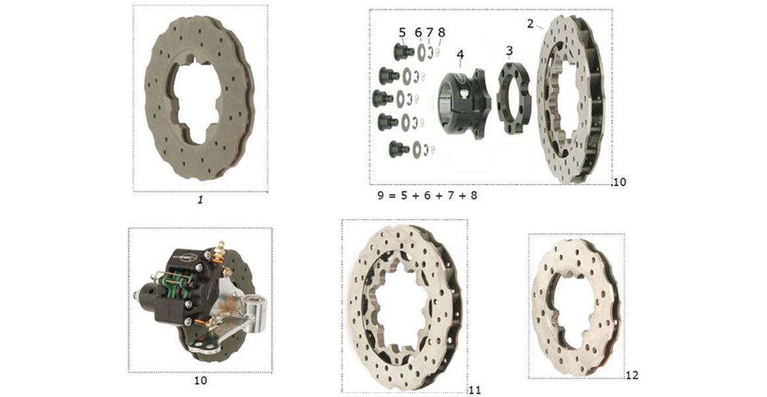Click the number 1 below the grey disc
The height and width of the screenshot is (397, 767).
click(200, 198)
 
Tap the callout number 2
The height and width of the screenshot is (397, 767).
click(530, 24)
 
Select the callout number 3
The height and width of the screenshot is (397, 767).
click(509, 51)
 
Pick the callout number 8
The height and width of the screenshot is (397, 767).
click(442, 32)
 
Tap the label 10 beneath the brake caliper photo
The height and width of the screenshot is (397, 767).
click(200, 380)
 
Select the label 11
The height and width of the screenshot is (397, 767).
click(474, 390)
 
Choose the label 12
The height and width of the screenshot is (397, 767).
click(631, 375)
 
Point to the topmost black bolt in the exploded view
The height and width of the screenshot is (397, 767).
click(400, 51)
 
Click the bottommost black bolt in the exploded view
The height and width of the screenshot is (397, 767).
click(399, 149)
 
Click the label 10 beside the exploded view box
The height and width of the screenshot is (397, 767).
click(619, 182)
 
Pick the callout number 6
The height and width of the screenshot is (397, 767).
click(418, 32)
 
